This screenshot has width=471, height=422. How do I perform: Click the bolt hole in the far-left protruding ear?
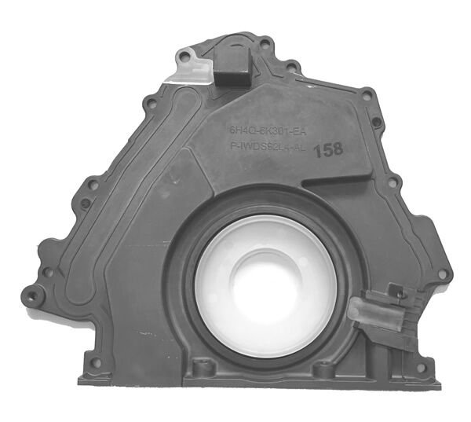point(32,296)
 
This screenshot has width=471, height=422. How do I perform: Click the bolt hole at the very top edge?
point(265,44)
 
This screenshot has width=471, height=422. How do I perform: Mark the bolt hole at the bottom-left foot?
point(96,363)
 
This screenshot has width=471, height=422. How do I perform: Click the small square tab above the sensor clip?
point(397,292)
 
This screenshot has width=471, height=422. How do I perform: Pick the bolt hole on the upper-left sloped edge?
point(147,103)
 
